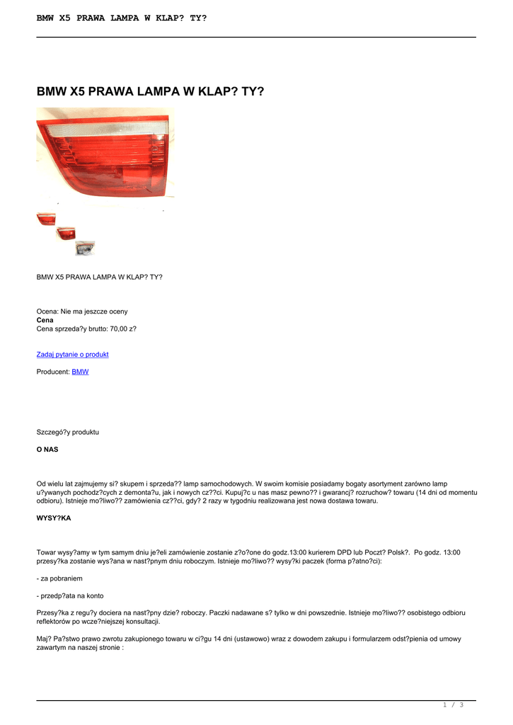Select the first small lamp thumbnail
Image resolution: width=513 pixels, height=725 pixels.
point(46,219)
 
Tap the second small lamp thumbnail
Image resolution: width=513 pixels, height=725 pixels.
point(66,233)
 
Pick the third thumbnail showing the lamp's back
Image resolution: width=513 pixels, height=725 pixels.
point(85,248)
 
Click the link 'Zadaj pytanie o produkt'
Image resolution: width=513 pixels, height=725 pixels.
point(72,354)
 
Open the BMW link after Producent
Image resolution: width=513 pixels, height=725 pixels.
point(80,372)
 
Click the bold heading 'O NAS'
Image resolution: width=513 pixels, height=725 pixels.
point(47,449)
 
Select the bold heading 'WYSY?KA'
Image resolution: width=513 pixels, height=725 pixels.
point(54,518)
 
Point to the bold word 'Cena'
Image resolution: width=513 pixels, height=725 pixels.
point(45,320)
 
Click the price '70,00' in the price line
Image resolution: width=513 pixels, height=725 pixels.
point(119,329)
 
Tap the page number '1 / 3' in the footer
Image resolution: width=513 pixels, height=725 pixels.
point(453,704)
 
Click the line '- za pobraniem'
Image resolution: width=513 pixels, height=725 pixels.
point(59,578)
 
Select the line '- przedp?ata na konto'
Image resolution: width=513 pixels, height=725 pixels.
point(70,595)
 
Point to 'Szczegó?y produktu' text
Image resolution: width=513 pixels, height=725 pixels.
point(67,432)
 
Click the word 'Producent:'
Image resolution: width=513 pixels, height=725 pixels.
point(53,372)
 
